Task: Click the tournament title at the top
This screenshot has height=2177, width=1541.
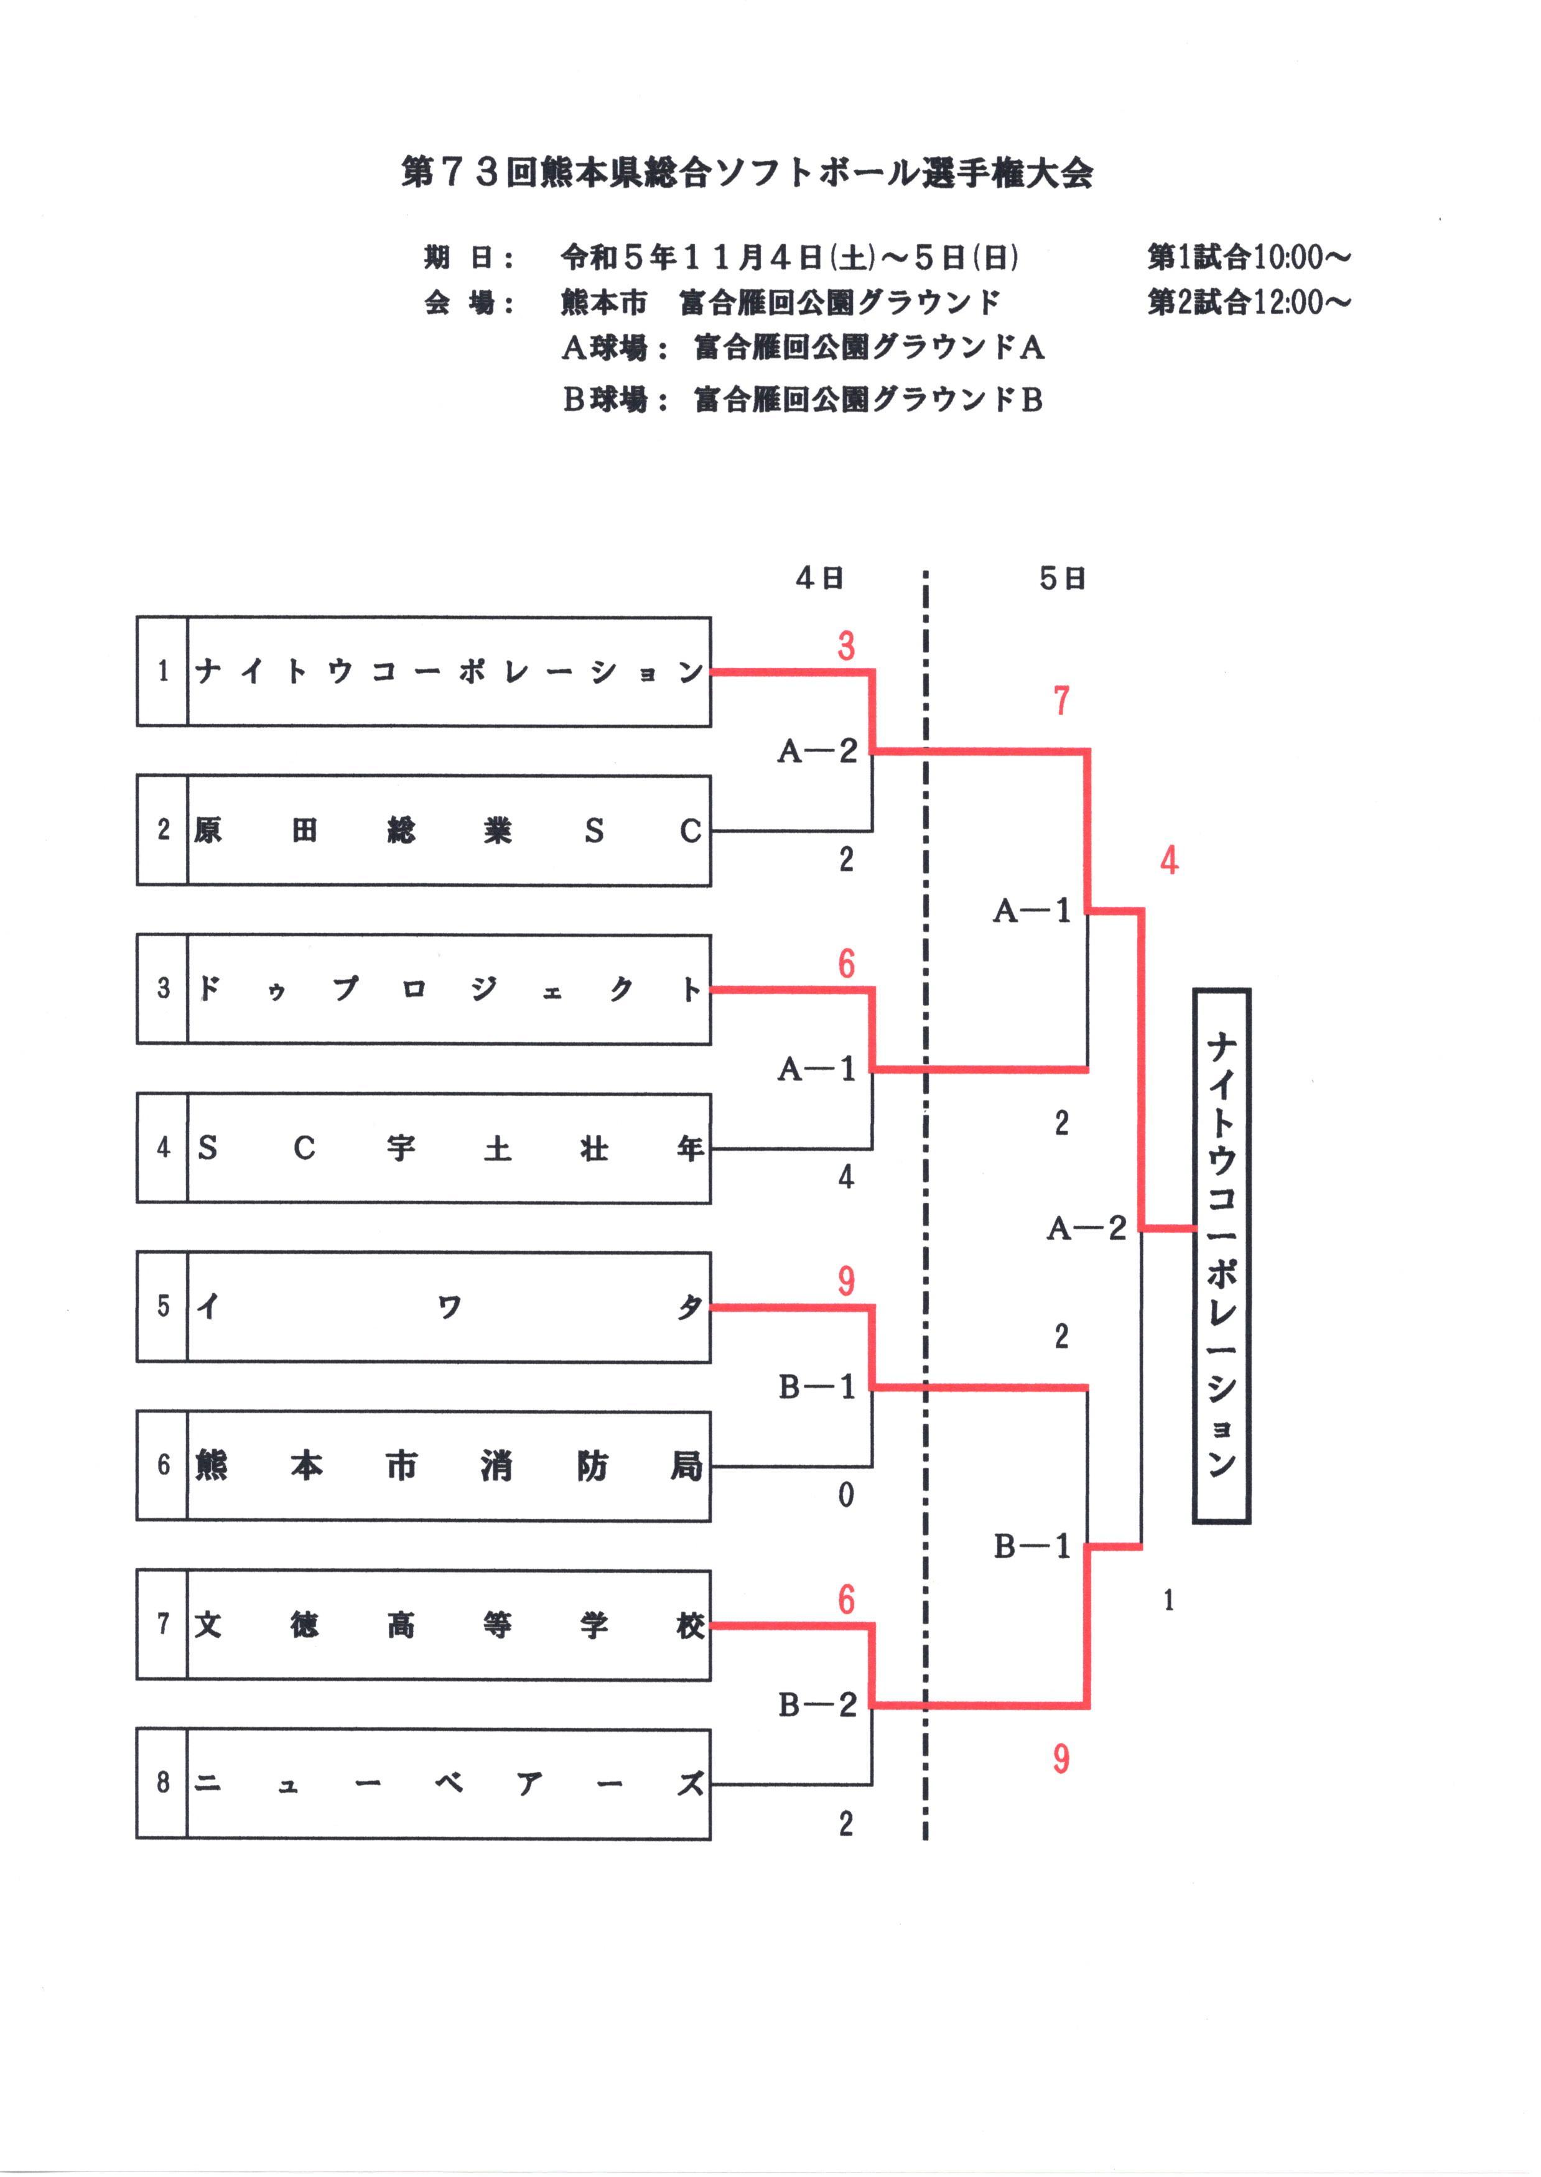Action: pos(747,173)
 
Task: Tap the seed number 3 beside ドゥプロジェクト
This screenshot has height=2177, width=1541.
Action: pos(163,988)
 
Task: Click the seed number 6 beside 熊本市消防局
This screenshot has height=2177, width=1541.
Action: pos(163,1465)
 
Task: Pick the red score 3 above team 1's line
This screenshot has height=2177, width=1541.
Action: pos(845,647)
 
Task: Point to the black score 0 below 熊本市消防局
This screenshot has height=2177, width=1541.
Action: pos(845,1496)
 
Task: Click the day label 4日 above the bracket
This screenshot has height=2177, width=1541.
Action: pos(820,578)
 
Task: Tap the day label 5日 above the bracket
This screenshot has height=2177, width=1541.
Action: pos(1062,578)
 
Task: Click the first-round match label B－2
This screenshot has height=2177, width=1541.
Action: pos(817,1705)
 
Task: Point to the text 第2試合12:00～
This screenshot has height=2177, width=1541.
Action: pos(1249,302)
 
